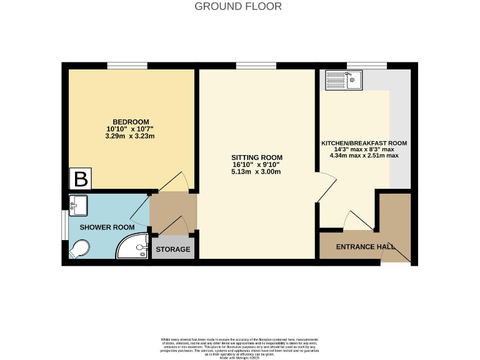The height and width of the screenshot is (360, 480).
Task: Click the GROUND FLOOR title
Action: pos(238,7)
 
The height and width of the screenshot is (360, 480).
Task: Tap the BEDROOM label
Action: pos(131,122)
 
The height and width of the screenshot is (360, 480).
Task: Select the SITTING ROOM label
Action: pos(257,157)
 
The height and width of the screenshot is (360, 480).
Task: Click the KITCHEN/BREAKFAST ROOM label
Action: pos(364,143)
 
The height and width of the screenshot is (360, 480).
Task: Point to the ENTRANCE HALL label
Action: pos(366,247)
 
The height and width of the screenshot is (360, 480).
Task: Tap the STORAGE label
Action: pos(173,249)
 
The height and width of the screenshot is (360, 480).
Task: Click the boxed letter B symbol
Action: pos(80,180)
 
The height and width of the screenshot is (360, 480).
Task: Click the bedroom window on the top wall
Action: pos(127,66)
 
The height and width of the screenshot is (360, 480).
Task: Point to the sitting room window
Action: pos(256,66)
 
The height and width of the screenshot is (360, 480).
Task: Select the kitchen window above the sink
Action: pos(367,66)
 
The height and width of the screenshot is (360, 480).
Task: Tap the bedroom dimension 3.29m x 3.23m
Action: pos(131,136)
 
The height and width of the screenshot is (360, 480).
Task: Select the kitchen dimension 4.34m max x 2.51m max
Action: pos(364,156)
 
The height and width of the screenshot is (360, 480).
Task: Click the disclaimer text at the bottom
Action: pos(239,346)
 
